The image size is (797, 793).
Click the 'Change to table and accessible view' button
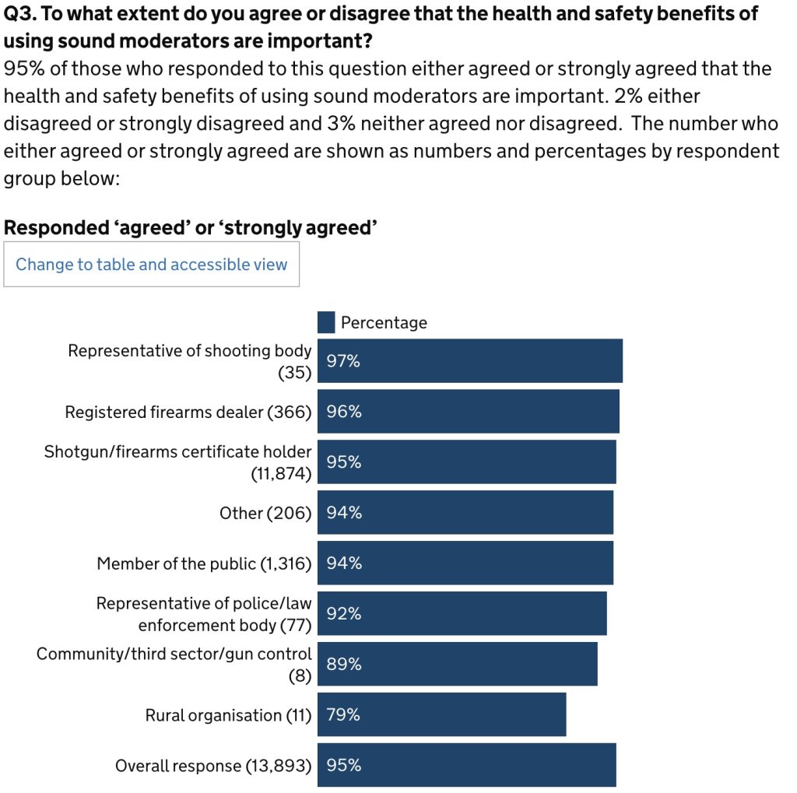(151, 265)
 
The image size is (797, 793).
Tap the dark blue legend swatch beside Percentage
(326, 322)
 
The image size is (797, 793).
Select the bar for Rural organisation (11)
(441, 714)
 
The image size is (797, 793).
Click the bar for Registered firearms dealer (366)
(468, 412)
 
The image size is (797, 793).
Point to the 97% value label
(343, 361)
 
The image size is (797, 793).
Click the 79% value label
(343, 714)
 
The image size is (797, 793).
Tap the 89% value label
(344, 664)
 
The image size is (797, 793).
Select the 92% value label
(344, 613)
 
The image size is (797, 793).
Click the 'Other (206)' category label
(265, 513)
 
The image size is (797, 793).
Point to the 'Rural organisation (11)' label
(228, 714)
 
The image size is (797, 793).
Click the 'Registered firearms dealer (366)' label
(188, 412)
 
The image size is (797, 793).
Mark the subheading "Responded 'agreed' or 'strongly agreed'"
(191, 227)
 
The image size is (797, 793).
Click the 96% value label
(344, 412)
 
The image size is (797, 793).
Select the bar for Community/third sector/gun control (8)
(457, 664)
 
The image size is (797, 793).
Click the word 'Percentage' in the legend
(384, 322)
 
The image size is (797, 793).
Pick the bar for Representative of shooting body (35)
(469, 361)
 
